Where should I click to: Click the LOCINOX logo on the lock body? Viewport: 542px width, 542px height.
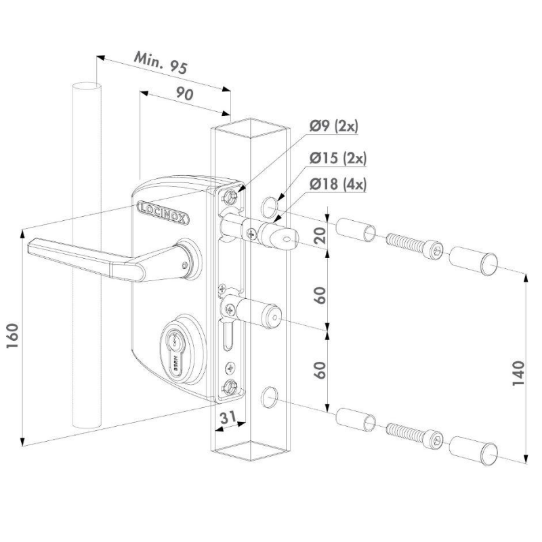click(x=163, y=213)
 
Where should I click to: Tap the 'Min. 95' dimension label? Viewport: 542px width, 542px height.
click(x=161, y=63)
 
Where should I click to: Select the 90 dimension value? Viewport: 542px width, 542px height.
click(x=184, y=93)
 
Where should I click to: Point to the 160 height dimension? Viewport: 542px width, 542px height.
click(x=13, y=336)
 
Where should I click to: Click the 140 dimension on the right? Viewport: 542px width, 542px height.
click(x=518, y=373)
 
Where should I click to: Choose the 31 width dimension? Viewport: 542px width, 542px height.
click(x=228, y=417)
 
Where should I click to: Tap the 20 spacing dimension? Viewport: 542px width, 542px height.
click(x=320, y=235)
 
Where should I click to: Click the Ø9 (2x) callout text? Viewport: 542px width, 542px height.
click(x=334, y=126)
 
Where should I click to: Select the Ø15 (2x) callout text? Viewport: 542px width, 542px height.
click(x=337, y=159)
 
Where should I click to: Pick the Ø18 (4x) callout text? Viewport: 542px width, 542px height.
click(x=337, y=184)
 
